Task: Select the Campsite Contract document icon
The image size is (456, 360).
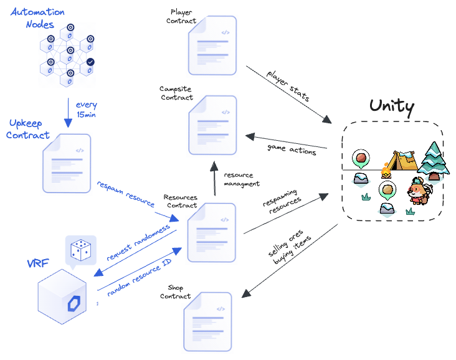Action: tap(212, 125)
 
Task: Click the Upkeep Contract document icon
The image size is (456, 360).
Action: tap(67, 164)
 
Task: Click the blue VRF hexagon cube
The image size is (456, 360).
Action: tap(65, 296)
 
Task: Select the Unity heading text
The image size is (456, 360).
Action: tap(391, 106)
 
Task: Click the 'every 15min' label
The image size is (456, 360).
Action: tap(86, 110)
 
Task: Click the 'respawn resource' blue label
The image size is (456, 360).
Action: tap(125, 194)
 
